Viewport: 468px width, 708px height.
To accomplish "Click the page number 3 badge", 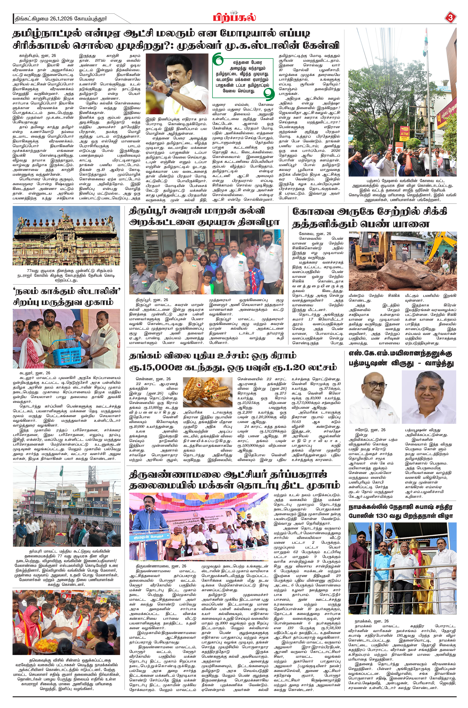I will click(x=450, y=18).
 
